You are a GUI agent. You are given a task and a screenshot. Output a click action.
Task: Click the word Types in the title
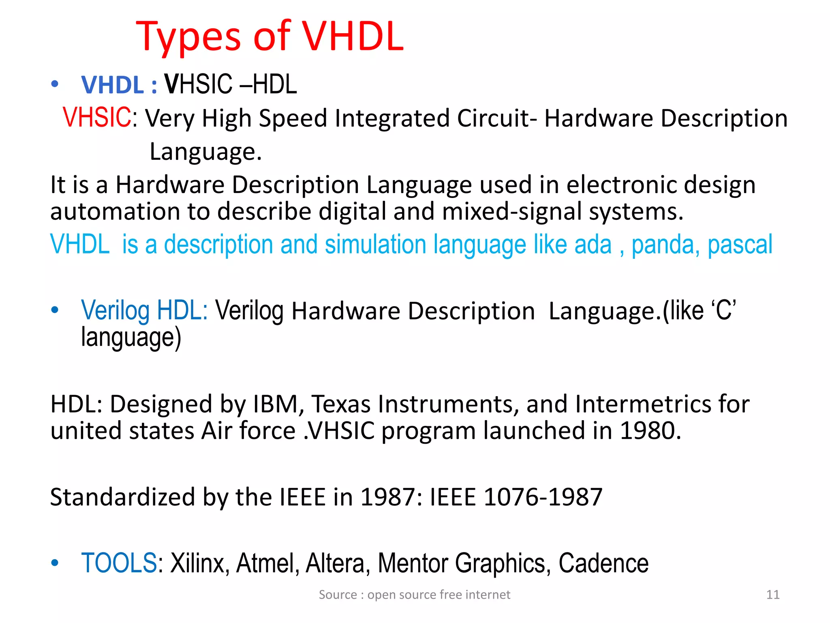[188, 37]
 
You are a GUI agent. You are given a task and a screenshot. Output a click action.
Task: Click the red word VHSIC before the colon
[97, 118]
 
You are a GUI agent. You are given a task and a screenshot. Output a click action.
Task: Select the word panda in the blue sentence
[665, 245]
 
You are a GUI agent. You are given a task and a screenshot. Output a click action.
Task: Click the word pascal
[740, 245]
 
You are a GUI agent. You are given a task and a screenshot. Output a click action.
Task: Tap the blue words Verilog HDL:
[144, 311]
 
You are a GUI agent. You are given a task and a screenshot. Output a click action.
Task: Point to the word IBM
[278, 404]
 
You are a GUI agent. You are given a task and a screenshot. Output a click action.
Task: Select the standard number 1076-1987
[543, 497]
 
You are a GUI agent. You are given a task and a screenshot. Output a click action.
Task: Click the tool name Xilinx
[197, 563]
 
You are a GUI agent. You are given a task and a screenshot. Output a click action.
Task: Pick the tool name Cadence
[603, 563]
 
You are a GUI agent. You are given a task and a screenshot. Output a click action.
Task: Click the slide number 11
[773, 595]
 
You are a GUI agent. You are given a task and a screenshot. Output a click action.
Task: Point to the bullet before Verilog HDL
[55, 311]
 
